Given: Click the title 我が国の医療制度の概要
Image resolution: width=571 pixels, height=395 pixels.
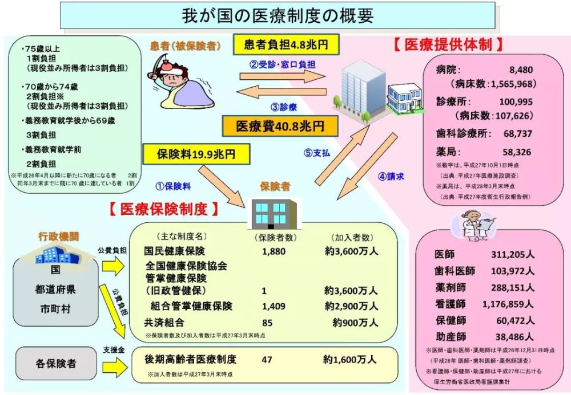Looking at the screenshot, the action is [x=278, y=16].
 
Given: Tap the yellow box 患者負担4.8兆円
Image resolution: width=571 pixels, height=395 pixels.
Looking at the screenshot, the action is [x=286, y=44].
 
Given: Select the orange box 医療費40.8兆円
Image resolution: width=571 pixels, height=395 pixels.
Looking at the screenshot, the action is [x=280, y=126].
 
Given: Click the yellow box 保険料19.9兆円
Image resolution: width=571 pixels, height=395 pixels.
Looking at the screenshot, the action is [x=196, y=154].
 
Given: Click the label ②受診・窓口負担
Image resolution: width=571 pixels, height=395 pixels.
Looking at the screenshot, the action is [x=282, y=64].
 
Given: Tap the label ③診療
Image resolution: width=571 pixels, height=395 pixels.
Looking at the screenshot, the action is [x=284, y=107].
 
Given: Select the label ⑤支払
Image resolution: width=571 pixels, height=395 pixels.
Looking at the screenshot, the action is [x=316, y=153].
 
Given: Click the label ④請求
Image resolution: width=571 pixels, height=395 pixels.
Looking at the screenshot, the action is [x=391, y=177].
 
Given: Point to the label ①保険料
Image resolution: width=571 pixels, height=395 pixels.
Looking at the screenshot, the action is [x=173, y=186].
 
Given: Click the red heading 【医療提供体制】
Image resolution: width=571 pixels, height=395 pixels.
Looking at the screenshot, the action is [x=448, y=44].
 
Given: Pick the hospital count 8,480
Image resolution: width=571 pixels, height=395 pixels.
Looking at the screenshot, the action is [x=521, y=70].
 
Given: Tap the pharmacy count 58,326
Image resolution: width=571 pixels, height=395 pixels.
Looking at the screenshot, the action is [x=517, y=152].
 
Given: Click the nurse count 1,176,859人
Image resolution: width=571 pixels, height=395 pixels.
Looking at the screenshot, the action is [x=508, y=304].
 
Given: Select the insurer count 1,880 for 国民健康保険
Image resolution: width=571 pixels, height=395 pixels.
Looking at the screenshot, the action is [x=274, y=251].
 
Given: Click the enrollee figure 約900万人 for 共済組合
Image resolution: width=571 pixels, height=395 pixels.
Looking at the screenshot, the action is [x=355, y=323].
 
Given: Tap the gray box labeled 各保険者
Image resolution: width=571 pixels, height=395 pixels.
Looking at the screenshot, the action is [x=56, y=363].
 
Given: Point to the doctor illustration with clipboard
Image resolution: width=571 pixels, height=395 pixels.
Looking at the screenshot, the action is [x=473, y=226].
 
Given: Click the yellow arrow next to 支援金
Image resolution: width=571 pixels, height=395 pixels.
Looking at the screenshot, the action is [x=114, y=367].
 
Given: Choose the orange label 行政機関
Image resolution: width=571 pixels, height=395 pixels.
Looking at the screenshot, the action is [x=59, y=236].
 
